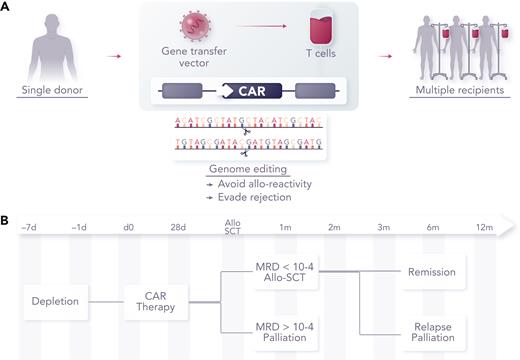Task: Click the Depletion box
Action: pos(55,298)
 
